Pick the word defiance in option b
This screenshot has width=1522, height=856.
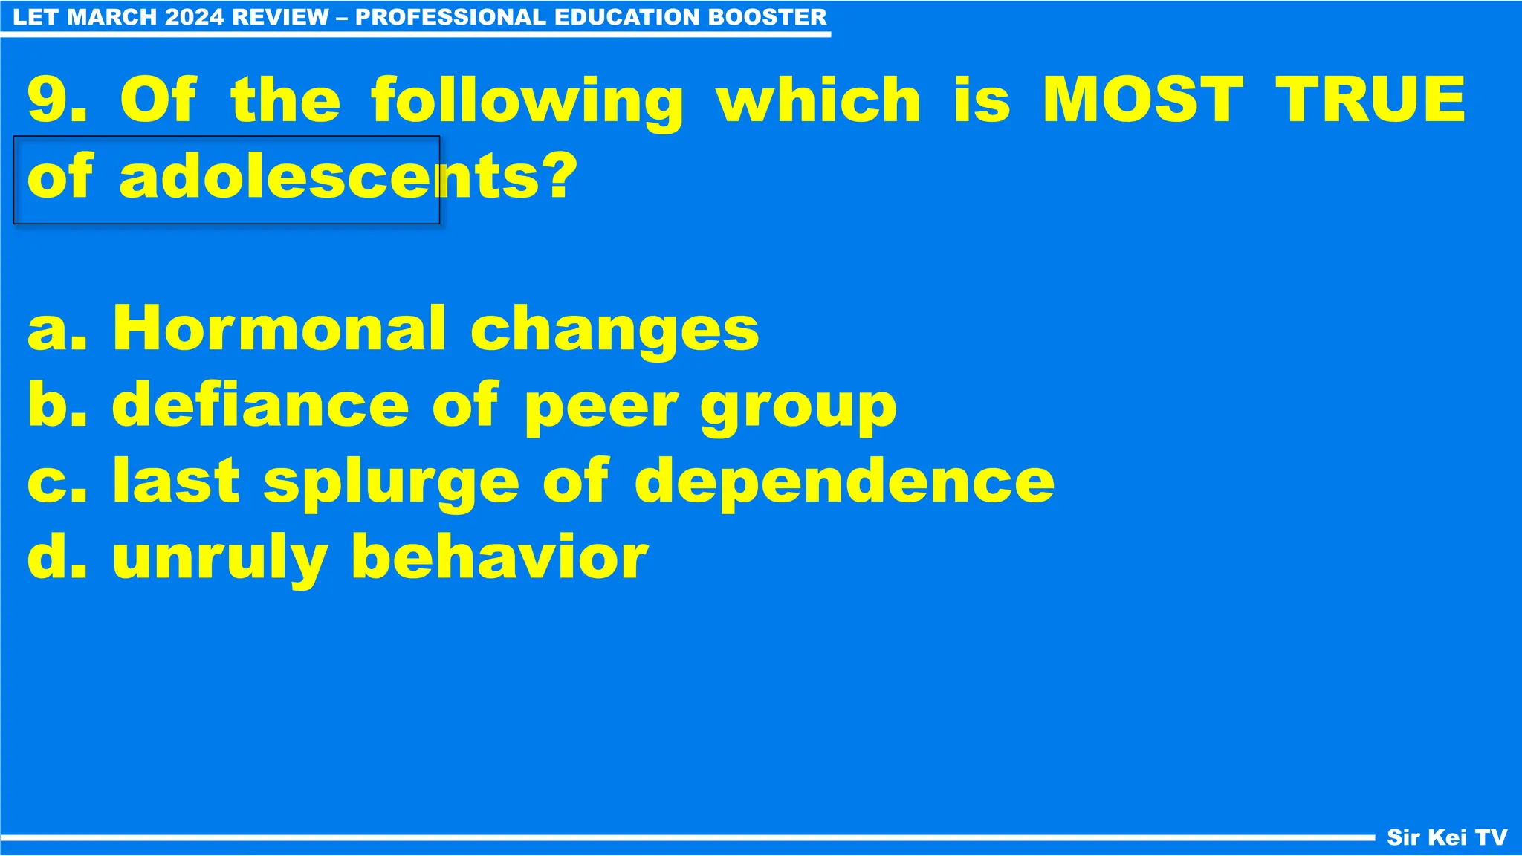260,405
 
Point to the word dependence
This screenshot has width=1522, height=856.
844,481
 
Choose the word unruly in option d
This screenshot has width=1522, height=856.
220,559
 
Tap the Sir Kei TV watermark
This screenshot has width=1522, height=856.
1446,837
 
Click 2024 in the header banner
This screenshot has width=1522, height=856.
195,17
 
